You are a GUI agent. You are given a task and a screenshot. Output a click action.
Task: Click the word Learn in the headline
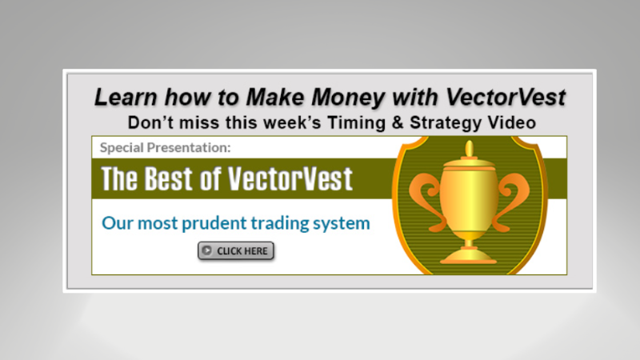coord(121,98)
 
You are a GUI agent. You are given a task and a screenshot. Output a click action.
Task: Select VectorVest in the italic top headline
coord(495,98)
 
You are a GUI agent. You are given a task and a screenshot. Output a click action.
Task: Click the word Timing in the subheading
coord(375,123)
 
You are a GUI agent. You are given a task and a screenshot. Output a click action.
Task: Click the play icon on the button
coord(207,251)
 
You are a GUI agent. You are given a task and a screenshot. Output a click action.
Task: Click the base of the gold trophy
coord(469,255)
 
